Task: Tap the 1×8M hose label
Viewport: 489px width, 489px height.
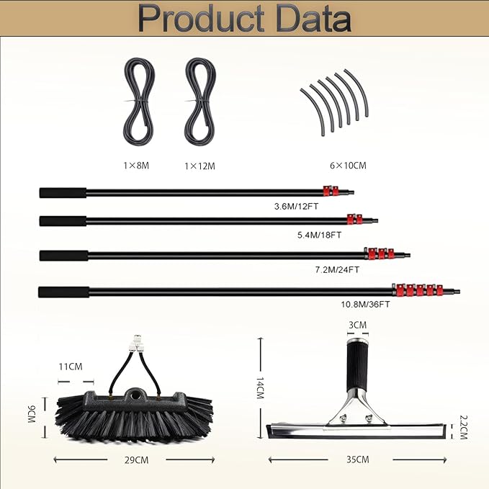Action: (136, 166)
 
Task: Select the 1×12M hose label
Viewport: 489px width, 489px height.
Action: (199, 166)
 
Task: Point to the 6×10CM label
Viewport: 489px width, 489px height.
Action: (348, 166)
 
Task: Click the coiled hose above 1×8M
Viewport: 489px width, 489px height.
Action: (139, 103)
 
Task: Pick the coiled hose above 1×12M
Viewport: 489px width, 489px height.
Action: (200, 103)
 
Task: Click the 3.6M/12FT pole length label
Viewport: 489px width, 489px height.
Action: (296, 207)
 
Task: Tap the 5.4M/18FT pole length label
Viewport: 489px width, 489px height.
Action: (319, 235)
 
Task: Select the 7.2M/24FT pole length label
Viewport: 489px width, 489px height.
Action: (337, 269)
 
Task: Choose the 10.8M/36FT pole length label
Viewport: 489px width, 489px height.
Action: (365, 304)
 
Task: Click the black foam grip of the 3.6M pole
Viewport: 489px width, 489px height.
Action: (63, 193)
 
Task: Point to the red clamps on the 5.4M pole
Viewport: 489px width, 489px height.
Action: (355, 219)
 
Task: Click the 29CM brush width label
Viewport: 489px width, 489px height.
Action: (136, 460)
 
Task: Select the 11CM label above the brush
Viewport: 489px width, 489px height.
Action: (71, 367)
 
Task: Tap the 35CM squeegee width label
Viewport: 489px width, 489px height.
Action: (358, 459)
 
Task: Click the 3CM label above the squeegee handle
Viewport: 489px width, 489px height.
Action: (357, 325)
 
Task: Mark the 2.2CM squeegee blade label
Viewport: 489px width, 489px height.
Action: (463, 427)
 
